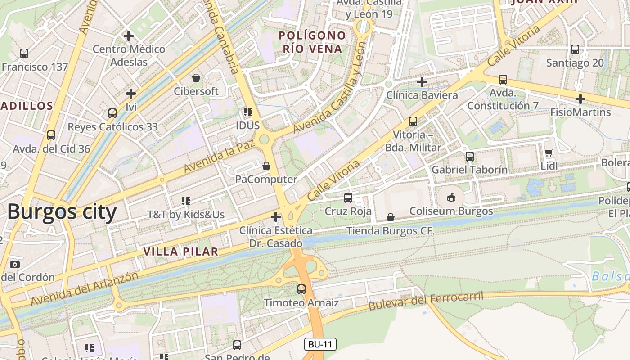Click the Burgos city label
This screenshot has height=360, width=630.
[x=62, y=211]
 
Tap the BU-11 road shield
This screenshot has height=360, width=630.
[x=320, y=345]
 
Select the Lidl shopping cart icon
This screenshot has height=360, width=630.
[x=549, y=153]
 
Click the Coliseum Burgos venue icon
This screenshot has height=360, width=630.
[x=451, y=197]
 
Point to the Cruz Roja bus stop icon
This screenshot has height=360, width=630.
[x=348, y=198]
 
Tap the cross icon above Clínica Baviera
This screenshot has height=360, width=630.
[x=422, y=82]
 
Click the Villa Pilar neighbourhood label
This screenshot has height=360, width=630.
[x=181, y=252]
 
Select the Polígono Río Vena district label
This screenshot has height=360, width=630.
[x=312, y=42]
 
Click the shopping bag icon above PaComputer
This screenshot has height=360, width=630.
[x=266, y=166]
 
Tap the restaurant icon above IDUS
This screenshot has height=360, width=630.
[x=247, y=112]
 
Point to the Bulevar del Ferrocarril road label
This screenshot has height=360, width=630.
[x=426, y=301]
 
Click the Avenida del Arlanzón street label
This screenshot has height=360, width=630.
[x=85, y=288]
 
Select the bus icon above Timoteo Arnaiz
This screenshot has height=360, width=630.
[x=301, y=289]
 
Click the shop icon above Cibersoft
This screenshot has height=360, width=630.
[x=196, y=78]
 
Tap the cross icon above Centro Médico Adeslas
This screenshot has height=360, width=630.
[x=129, y=36]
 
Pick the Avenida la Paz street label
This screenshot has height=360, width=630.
[x=219, y=156]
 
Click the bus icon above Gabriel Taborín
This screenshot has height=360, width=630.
[x=469, y=157]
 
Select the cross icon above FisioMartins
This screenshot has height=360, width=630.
[x=580, y=99]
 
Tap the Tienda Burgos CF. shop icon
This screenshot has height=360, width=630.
[x=390, y=218]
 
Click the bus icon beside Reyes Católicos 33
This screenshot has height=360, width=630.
[x=112, y=113]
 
